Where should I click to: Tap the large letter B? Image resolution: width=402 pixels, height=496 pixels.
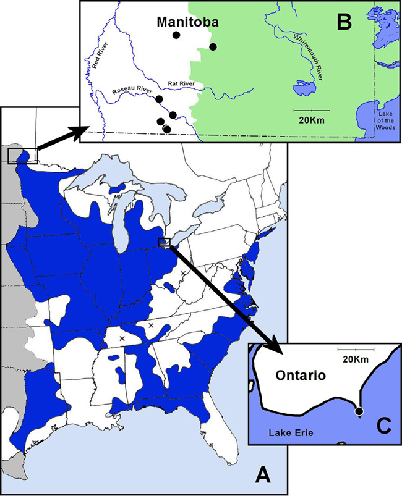click(344, 23)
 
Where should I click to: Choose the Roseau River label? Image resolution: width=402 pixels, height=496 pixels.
click(132, 92)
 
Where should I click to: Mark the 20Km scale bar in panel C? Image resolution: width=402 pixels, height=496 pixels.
click(356, 350)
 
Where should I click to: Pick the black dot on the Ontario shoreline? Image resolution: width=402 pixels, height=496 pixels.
click(359, 411)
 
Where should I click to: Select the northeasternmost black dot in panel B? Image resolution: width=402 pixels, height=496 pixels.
click(213, 47)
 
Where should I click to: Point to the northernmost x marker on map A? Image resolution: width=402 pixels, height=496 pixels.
click(183, 272)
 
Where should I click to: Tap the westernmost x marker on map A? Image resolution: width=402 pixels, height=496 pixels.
click(122, 338)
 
